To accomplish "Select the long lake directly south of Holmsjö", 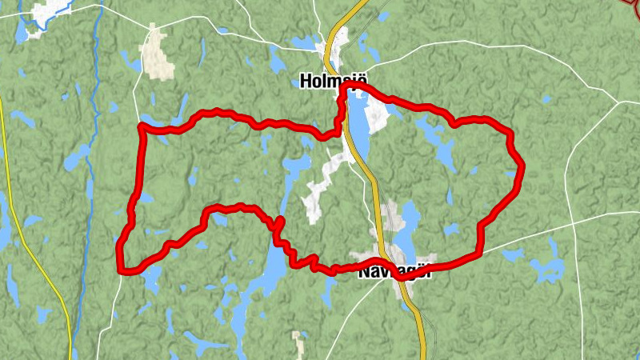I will coord(360,128).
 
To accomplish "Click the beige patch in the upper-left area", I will coord(158,54).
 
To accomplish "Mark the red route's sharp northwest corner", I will coord(142,126).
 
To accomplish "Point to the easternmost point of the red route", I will coord(522,166).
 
